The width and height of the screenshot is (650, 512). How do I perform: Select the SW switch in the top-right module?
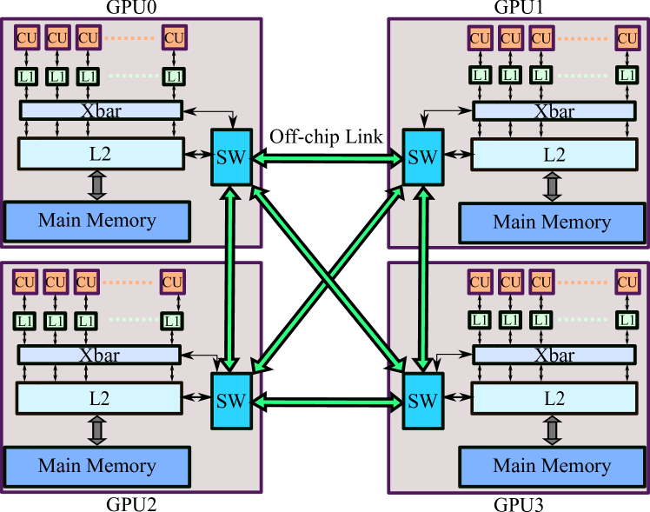point(422,156)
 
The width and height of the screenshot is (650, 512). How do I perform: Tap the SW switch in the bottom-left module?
point(231,401)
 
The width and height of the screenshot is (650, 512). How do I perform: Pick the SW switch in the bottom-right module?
point(422,401)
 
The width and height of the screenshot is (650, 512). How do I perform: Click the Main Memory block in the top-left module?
point(96,221)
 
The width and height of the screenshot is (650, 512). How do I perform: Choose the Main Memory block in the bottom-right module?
point(552,466)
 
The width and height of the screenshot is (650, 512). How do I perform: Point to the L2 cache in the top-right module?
point(554,156)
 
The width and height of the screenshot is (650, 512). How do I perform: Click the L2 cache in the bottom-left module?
point(100,398)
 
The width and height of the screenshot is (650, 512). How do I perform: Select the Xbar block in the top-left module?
point(101,110)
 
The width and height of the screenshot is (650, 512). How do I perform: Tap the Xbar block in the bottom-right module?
point(554,355)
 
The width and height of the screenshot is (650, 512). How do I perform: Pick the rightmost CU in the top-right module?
point(627,38)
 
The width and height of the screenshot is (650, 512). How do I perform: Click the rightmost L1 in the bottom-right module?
point(626,320)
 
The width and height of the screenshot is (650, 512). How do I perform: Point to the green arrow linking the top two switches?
point(327,158)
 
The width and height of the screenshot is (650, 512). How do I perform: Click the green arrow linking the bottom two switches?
point(327,402)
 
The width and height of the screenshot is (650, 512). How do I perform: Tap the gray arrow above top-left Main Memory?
point(96,185)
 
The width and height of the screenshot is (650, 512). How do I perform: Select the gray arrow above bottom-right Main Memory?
point(551,430)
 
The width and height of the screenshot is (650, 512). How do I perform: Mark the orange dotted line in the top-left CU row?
point(129,37)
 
